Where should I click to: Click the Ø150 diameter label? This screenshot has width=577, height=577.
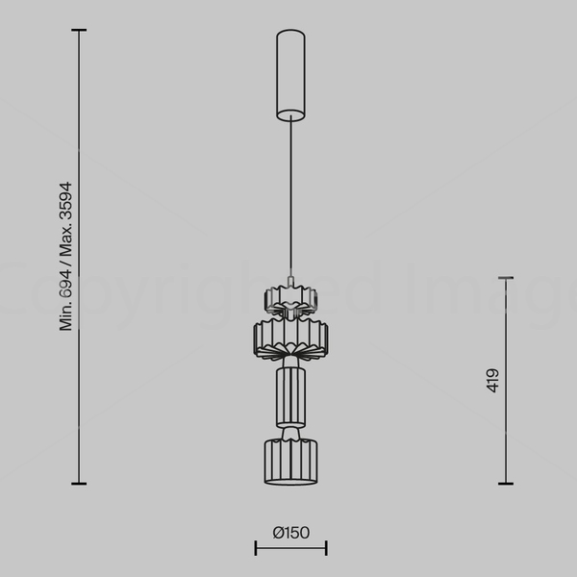pos(291,533)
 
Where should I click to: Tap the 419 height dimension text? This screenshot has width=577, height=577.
pos(492,381)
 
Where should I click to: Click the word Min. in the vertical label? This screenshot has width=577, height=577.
pos(65,316)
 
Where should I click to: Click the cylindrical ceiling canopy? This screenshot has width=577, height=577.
pos(290,75)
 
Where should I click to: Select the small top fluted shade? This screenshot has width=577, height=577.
pos(290,300)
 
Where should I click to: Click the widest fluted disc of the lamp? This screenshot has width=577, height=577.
pos(290,339)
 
